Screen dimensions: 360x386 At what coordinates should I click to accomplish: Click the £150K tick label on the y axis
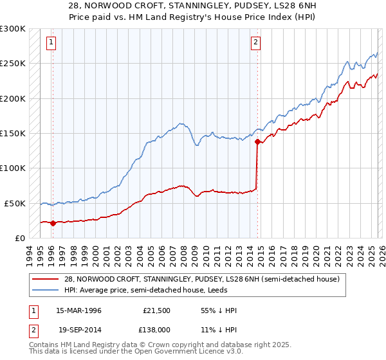tap(12, 134)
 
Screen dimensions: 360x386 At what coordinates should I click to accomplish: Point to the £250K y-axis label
tap(12, 64)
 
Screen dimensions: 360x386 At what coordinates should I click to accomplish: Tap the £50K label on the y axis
tap(14, 203)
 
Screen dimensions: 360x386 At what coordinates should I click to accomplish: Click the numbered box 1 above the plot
tap(51, 43)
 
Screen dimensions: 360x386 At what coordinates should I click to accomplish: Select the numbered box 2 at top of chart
tap(256, 43)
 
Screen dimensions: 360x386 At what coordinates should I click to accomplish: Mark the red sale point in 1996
tap(53, 223)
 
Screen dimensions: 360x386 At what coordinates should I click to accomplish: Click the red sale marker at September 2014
tap(257, 141)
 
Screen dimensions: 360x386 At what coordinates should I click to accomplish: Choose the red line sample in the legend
tap(46, 279)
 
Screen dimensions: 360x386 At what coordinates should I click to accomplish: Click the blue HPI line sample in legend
tap(46, 290)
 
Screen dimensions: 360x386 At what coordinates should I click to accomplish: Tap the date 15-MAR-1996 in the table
tap(78, 310)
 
